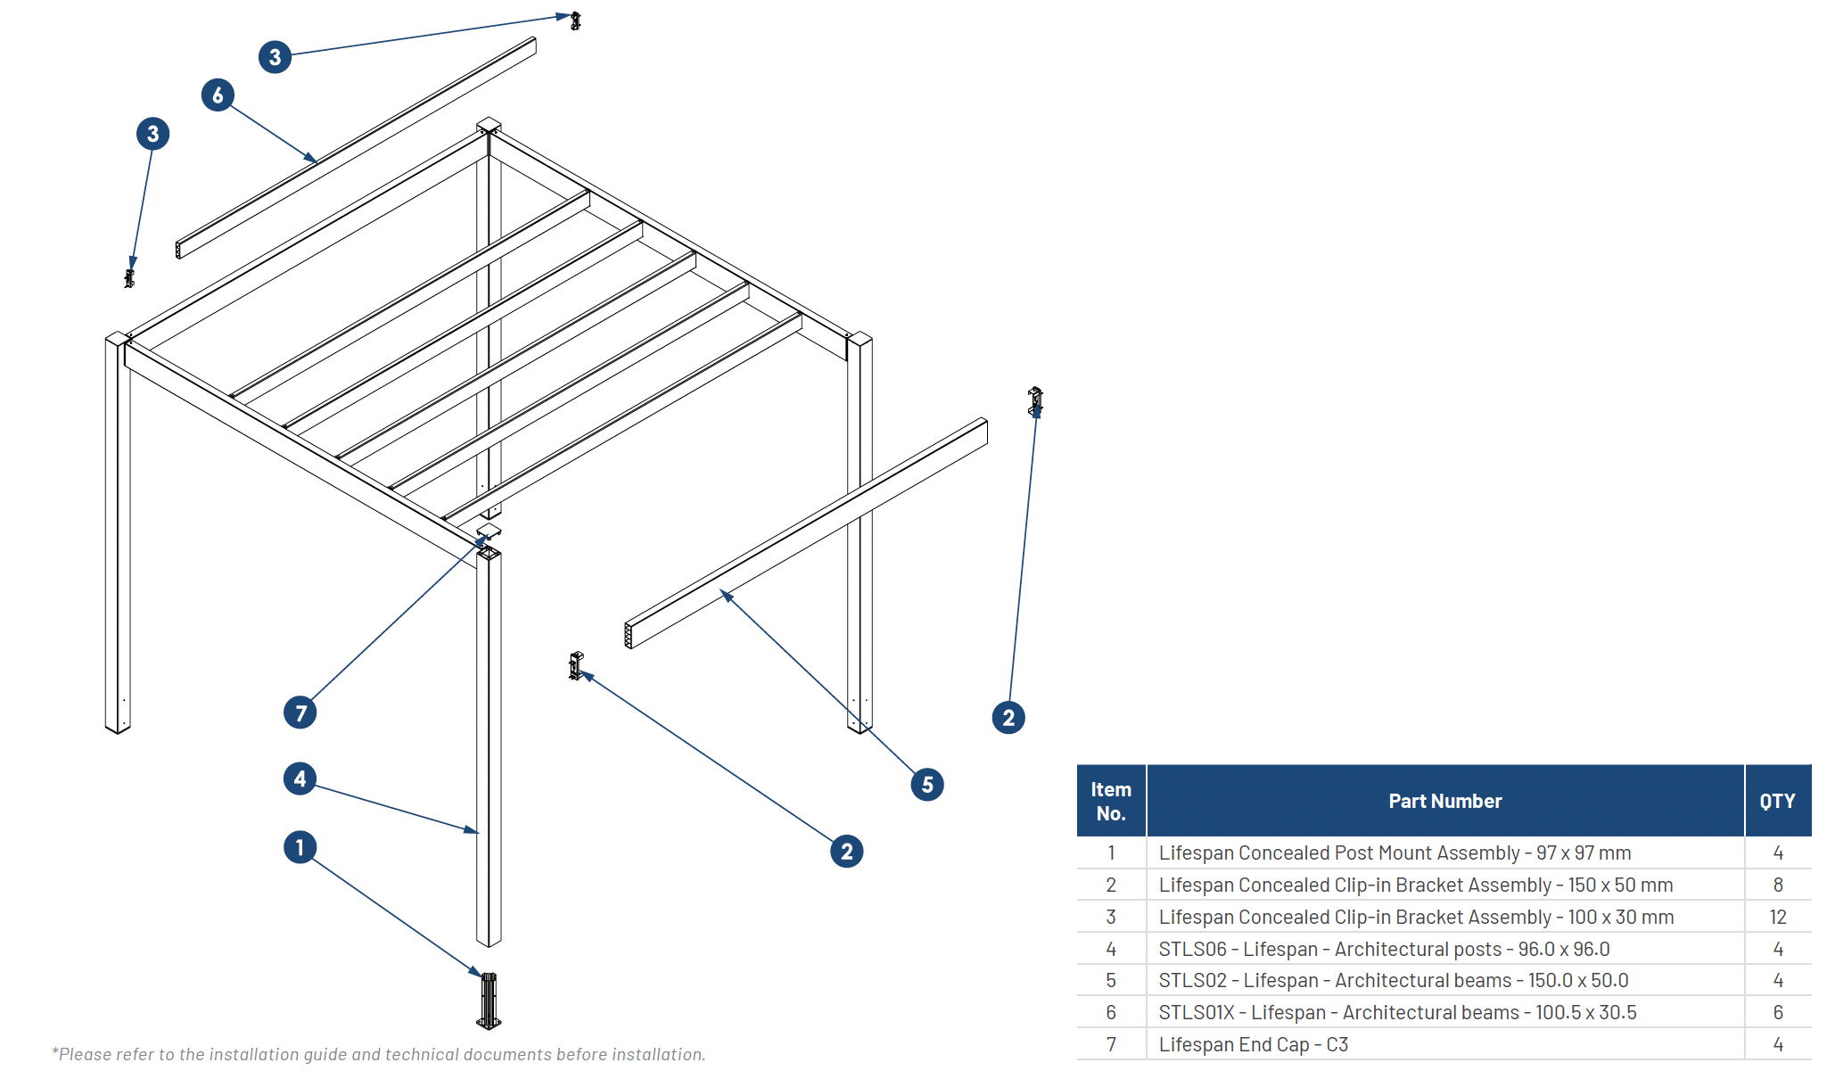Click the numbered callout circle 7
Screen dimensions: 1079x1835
(300, 712)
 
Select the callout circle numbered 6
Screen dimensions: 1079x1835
(218, 95)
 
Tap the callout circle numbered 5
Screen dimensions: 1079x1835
(927, 785)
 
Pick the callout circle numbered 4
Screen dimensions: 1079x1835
(300, 778)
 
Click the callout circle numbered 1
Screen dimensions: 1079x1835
(300, 847)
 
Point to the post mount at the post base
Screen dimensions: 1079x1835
(489, 1001)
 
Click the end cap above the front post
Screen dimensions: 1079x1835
(489, 533)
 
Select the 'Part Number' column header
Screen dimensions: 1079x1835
(1444, 801)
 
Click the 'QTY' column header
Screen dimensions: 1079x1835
(1777, 801)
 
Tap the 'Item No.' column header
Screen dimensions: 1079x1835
(1111, 801)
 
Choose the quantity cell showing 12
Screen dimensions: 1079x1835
(1777, 917)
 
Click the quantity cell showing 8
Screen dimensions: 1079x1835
(1777, 885)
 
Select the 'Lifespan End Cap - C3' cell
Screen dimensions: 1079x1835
(1253, 1044)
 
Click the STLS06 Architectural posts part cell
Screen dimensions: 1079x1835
(1384, 949)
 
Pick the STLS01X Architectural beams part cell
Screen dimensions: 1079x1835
(1397, 1012)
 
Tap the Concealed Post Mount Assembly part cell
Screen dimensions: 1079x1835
(1395, 852)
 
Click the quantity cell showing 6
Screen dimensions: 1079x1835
(1777, 1012)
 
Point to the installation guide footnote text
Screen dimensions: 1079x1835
(379, 1054)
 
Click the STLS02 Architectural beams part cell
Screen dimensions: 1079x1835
(1393, 980)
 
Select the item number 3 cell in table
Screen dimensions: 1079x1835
(1111, 917)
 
